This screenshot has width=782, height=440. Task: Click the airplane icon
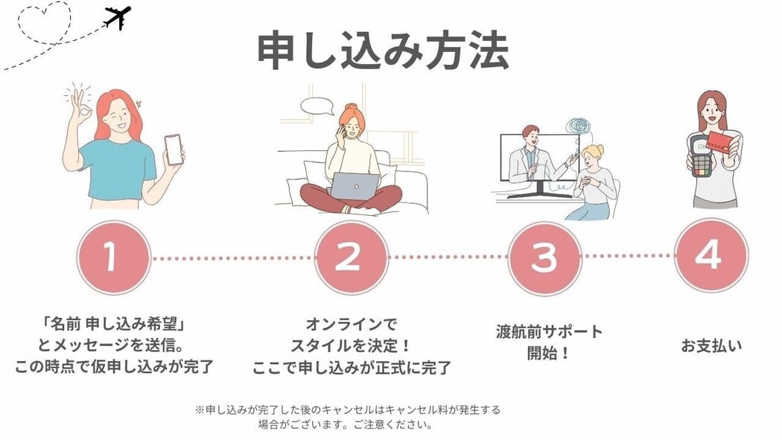[x=118, y=17]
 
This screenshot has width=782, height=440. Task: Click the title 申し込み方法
[x=383, y=51]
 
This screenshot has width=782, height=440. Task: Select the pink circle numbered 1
[x=114, y=258]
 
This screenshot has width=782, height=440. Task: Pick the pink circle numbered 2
[x=352, y=257]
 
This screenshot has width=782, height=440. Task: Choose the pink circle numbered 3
[x=544, y=258]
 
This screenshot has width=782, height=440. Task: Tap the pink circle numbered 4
[x=711, y=255]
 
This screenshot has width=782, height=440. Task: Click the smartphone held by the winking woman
[x=174, y=149]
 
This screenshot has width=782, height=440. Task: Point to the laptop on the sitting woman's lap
[x=355, y=186]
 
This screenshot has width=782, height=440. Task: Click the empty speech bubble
[x=317, y=106]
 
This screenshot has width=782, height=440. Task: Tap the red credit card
[x=722, y=142]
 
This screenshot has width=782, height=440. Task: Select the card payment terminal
[x=702, y=156]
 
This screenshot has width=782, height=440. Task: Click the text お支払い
[x=711, y=345]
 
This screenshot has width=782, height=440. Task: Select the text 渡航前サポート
[x=549, y=331]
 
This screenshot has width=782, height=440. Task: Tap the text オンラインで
[x=351, y=325]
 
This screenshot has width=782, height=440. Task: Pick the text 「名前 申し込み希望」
[x=114, y=325]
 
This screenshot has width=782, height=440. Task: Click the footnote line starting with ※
[x=347, y=410]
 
